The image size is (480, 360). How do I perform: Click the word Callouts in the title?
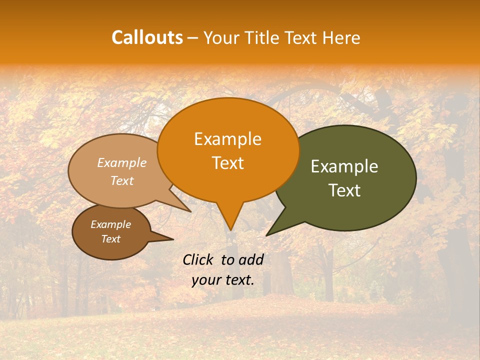coord(147,37)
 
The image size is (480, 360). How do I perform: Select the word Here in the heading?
coord(341,37)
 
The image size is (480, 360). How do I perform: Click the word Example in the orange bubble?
coord(227,139)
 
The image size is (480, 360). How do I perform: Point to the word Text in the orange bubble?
coord(228,163)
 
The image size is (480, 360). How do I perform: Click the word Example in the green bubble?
coord(344,166)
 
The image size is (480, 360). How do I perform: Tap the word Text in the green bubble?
coord(345,190)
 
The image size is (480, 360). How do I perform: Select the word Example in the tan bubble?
coord(121,162)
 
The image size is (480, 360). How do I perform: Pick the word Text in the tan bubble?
coord(122,180)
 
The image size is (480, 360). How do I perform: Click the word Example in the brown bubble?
coord(110,224)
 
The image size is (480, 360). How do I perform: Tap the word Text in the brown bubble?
coord(111,239)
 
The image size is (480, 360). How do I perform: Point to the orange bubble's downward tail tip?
coord(230,230)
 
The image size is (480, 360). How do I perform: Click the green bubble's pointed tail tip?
coord(267,235)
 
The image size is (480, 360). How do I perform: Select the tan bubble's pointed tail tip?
coord(190,211)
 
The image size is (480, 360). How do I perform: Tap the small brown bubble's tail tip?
coord(173,239)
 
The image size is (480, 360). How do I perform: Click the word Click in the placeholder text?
coord(198,259)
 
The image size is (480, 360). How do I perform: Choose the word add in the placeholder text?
coord(250,259)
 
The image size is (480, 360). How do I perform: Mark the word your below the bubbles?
coord(206,280)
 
